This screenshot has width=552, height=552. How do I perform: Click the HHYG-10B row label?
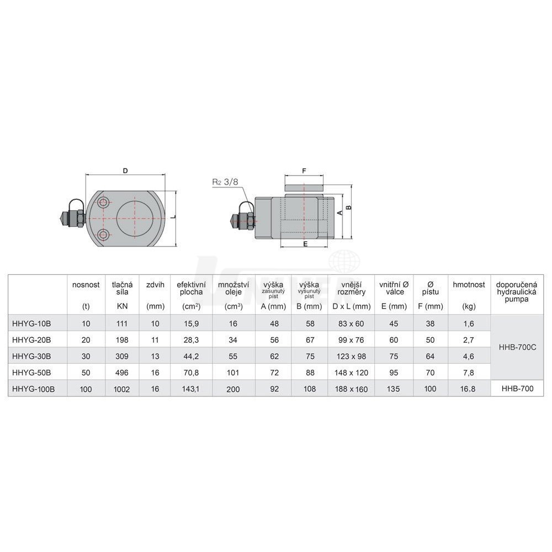click(31, 323)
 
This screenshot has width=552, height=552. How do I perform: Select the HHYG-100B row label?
click(34, 389)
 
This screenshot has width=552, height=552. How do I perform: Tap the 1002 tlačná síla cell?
click(122, 389)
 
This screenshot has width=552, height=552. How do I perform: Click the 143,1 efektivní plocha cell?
click(191, 389)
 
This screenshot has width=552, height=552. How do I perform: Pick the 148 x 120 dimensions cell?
click(351, 373)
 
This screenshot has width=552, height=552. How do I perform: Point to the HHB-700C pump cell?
click(518, 347)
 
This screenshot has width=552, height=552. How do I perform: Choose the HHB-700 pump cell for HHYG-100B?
click(518, 389)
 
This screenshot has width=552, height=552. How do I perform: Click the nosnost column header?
click(86, 285)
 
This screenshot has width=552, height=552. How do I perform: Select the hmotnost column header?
click(469, 284)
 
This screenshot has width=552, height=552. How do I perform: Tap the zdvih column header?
click(155, 285)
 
